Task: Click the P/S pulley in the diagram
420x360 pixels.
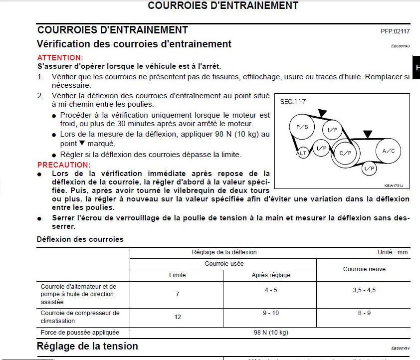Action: point(302,128)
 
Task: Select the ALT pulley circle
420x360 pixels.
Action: point(302,153)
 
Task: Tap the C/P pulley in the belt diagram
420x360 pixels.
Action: point(345,153)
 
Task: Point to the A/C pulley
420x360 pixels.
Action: point(389,151)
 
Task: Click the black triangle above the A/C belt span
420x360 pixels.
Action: point(368,134)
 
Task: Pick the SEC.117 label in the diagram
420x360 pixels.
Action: point(293,102)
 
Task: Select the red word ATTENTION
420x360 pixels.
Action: point(60,58)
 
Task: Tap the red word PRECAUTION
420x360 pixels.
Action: point(64,165)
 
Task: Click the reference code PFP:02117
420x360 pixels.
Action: point(395,31)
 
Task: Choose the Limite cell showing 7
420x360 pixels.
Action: point(178,294)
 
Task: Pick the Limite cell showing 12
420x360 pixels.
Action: point(178,317)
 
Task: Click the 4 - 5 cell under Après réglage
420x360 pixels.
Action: point(271,290)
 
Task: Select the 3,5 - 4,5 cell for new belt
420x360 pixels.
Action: point(364,290)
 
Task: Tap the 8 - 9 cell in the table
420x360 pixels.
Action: point(364,313)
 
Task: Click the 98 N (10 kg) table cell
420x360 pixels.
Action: point(271,332)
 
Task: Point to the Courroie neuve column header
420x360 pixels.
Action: point(364,269)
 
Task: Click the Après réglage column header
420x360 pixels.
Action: point(271,275)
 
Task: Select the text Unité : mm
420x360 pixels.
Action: point(393,252)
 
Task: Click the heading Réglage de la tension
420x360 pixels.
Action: point(88,346)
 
